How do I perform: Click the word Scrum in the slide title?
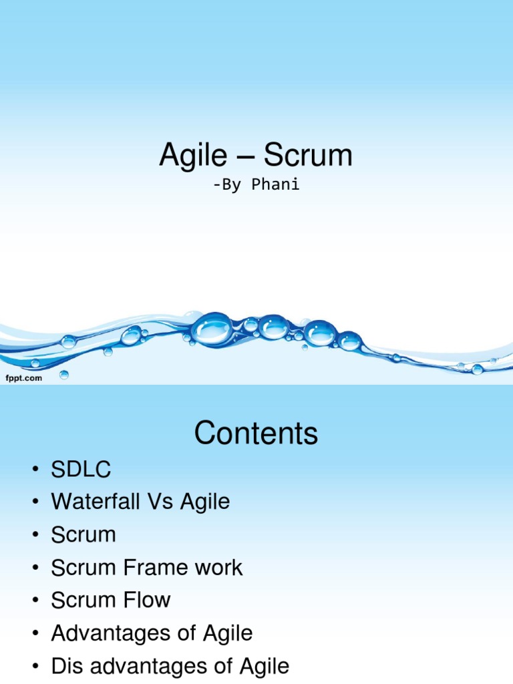click(308, 156)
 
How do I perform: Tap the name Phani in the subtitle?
click(275, 185)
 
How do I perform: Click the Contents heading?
click(256, 434)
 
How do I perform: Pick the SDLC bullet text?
click(81, 470)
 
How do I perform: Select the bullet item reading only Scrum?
click(83, 534)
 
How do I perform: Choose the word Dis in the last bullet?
click(67, 665)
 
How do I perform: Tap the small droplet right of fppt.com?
click(64, 375)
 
